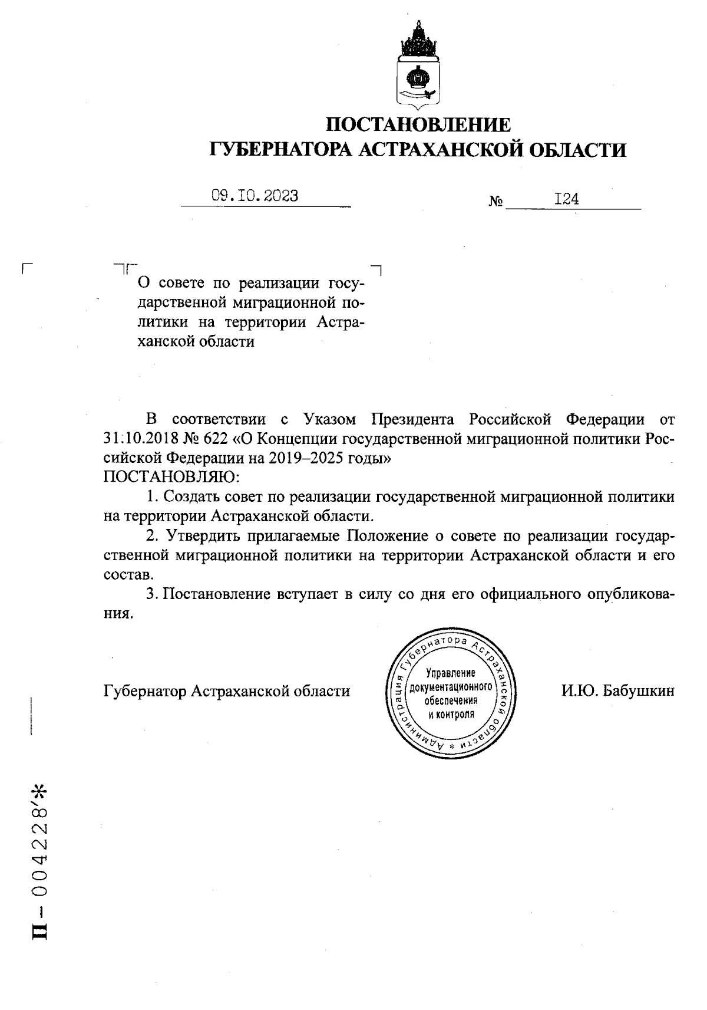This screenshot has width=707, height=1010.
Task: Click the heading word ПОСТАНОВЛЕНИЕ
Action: pyautogui.click(x=418, y=125)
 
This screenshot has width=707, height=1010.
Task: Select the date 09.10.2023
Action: pyautogui.click(x=255, y=196)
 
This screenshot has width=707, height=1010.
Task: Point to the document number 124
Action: pyautogui.click(x=566, y=199)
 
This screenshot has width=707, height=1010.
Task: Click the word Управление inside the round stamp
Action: pyautogui.click(x=450, y=673)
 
